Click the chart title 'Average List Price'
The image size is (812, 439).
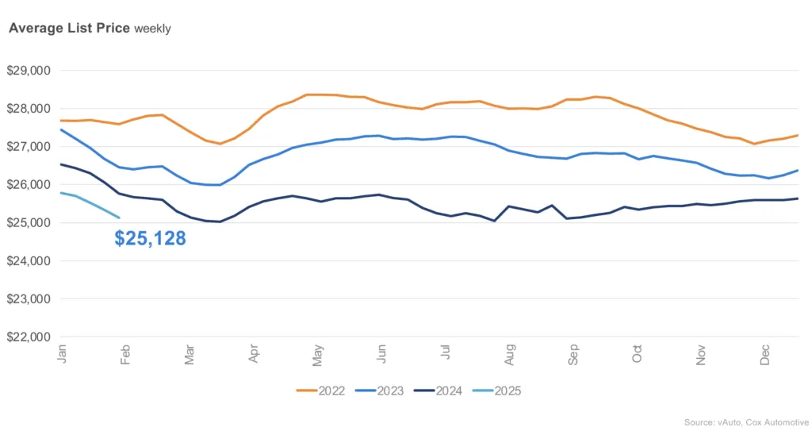tap(69, 28)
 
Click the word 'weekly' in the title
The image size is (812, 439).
tap(152, 29)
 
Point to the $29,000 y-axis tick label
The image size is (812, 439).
tap(29, 70)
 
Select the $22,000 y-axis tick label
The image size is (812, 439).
tap(29, 337)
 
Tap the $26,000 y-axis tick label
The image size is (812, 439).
tap(29, 184)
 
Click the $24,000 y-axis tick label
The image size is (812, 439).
tap(29, 260)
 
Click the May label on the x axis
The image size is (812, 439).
tap(317, 356)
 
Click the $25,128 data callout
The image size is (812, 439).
tap(150, 238)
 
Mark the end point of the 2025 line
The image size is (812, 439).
tap(119, 218)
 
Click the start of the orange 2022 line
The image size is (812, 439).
tap(61, 120)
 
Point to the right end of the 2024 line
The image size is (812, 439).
tap(797, 198)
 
